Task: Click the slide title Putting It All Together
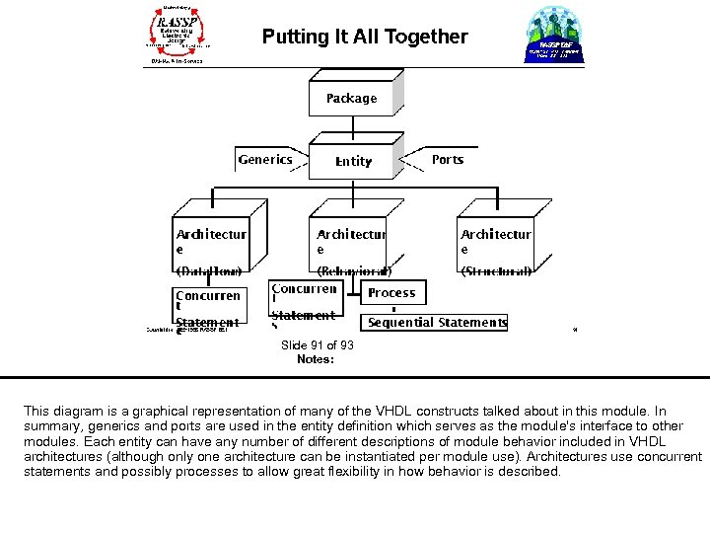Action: [365, 38]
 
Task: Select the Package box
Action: [352, 98]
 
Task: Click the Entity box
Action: [353, 161]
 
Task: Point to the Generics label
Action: [265, 159]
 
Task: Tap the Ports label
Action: [447, 159]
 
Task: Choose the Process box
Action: [391, 292]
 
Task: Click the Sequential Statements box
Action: [437, 322]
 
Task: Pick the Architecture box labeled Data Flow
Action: [211, 247]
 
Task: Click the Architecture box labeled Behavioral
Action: [352, 247]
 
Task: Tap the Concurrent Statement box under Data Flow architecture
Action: [208, 307]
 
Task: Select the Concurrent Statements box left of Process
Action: [304, 302]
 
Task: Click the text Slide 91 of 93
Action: [317, 345]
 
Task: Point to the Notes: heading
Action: [316, 359]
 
